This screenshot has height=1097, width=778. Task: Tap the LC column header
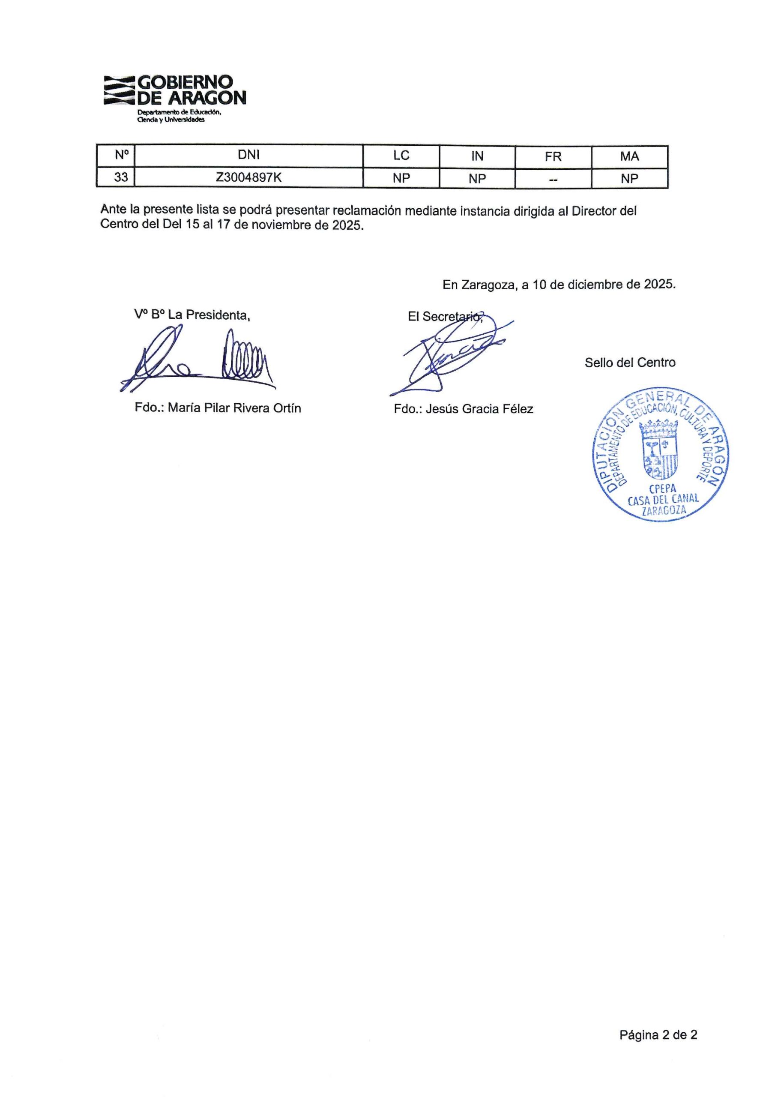click(x=401, y=156)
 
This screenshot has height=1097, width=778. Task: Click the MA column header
click(x=629, y=156)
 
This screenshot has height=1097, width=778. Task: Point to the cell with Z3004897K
click(x=248, y=178)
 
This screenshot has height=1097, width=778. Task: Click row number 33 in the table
click(x=121, y=178)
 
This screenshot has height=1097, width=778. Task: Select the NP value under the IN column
click(x=477, y=179)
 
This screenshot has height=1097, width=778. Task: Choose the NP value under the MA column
click(x=629, y=179)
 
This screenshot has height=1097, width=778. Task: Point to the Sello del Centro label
click(x=630, y=363)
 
